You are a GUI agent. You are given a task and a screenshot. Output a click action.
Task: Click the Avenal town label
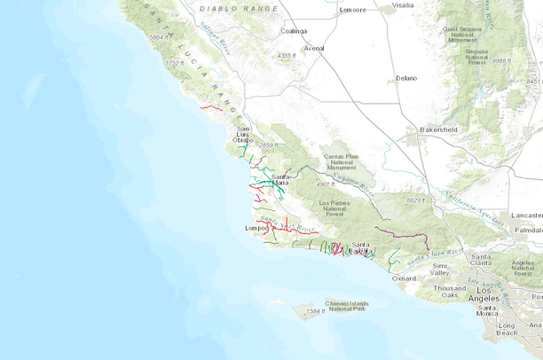[314, 49]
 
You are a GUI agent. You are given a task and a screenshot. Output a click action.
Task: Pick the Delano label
[406, 78]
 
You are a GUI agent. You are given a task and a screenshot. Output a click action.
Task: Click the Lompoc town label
[256, 228]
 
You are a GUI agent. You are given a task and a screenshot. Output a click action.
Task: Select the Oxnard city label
[404, 278]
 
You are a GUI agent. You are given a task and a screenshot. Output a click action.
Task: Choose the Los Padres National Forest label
[336, 208]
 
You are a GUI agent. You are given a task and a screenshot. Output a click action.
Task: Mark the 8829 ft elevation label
[414, 200]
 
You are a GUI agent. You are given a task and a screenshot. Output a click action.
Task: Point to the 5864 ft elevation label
[160, 37]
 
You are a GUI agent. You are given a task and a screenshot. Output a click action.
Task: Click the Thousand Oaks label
[449, 293]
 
